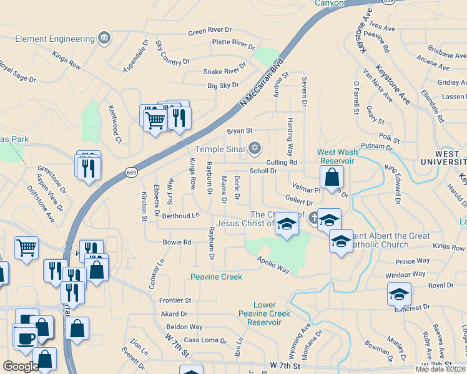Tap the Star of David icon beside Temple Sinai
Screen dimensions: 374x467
tap(253, 148)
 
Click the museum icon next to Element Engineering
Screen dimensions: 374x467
tap(104, 39)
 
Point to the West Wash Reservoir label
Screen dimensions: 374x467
tap(336, 156)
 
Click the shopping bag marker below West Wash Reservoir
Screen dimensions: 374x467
tap(333, 177)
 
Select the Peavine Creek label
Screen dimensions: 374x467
tap(216, 276)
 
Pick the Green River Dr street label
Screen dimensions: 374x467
tap(210, 31)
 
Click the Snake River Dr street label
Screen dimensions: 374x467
tap(225, 72)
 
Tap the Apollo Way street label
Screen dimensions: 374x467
tap(273, 266)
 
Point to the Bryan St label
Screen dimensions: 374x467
tap(239, 131)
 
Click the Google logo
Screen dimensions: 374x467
tap(21, 367)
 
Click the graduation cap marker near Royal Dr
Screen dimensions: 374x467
tap(400, 294)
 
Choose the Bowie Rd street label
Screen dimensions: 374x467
tap(177, 242)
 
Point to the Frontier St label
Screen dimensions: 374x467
tap(175, 300)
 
